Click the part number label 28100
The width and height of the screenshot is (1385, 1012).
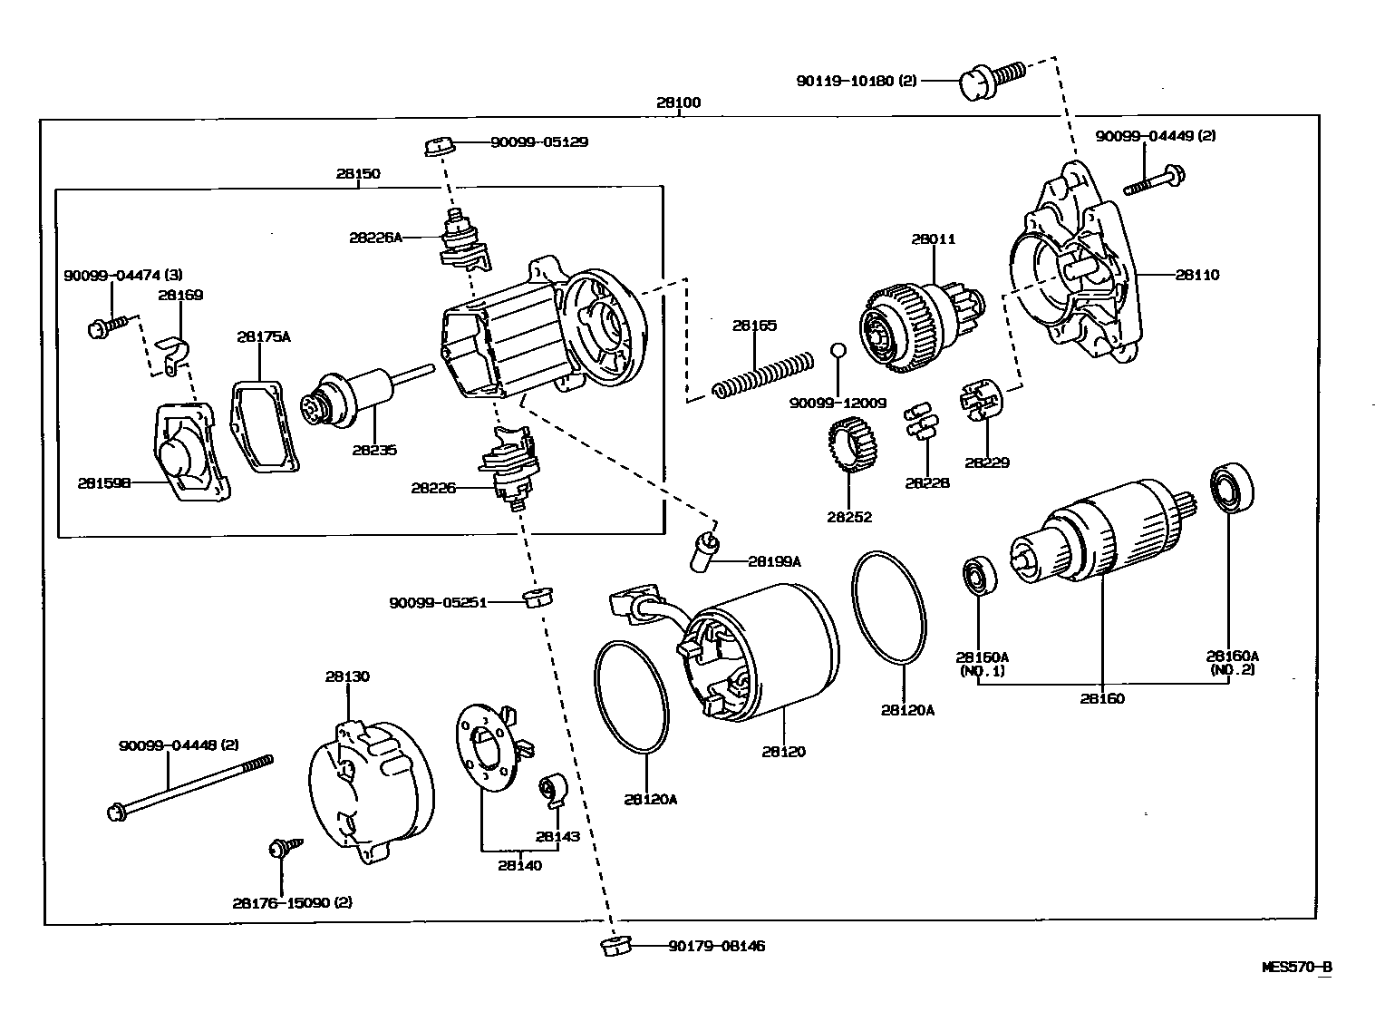pyautogui.click(x=678, y=102)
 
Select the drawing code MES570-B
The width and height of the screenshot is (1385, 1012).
pyautogui.click(x=1297, y=967)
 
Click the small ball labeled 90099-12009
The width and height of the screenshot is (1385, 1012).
pyautogui.click(x=838, y=351)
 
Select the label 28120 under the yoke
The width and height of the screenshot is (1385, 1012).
pyautogui.click(x=783, y=752)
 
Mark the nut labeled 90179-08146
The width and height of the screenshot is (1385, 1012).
pyautogui.click(x=615, y=947)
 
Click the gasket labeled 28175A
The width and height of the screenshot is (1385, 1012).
pyautogui.click(x=264, y=426)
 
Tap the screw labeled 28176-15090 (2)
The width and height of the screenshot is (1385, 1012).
pyautogui.click(x=282, y=849)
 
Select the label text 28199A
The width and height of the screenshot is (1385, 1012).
pyautogui.click(x=774, y=561)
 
